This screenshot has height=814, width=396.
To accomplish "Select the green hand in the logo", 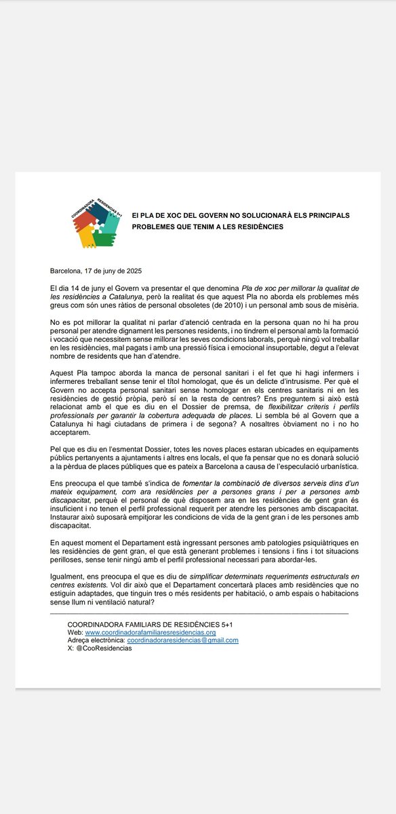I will pos(104,238).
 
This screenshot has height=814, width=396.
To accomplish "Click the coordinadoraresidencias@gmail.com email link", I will pos(182,640).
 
